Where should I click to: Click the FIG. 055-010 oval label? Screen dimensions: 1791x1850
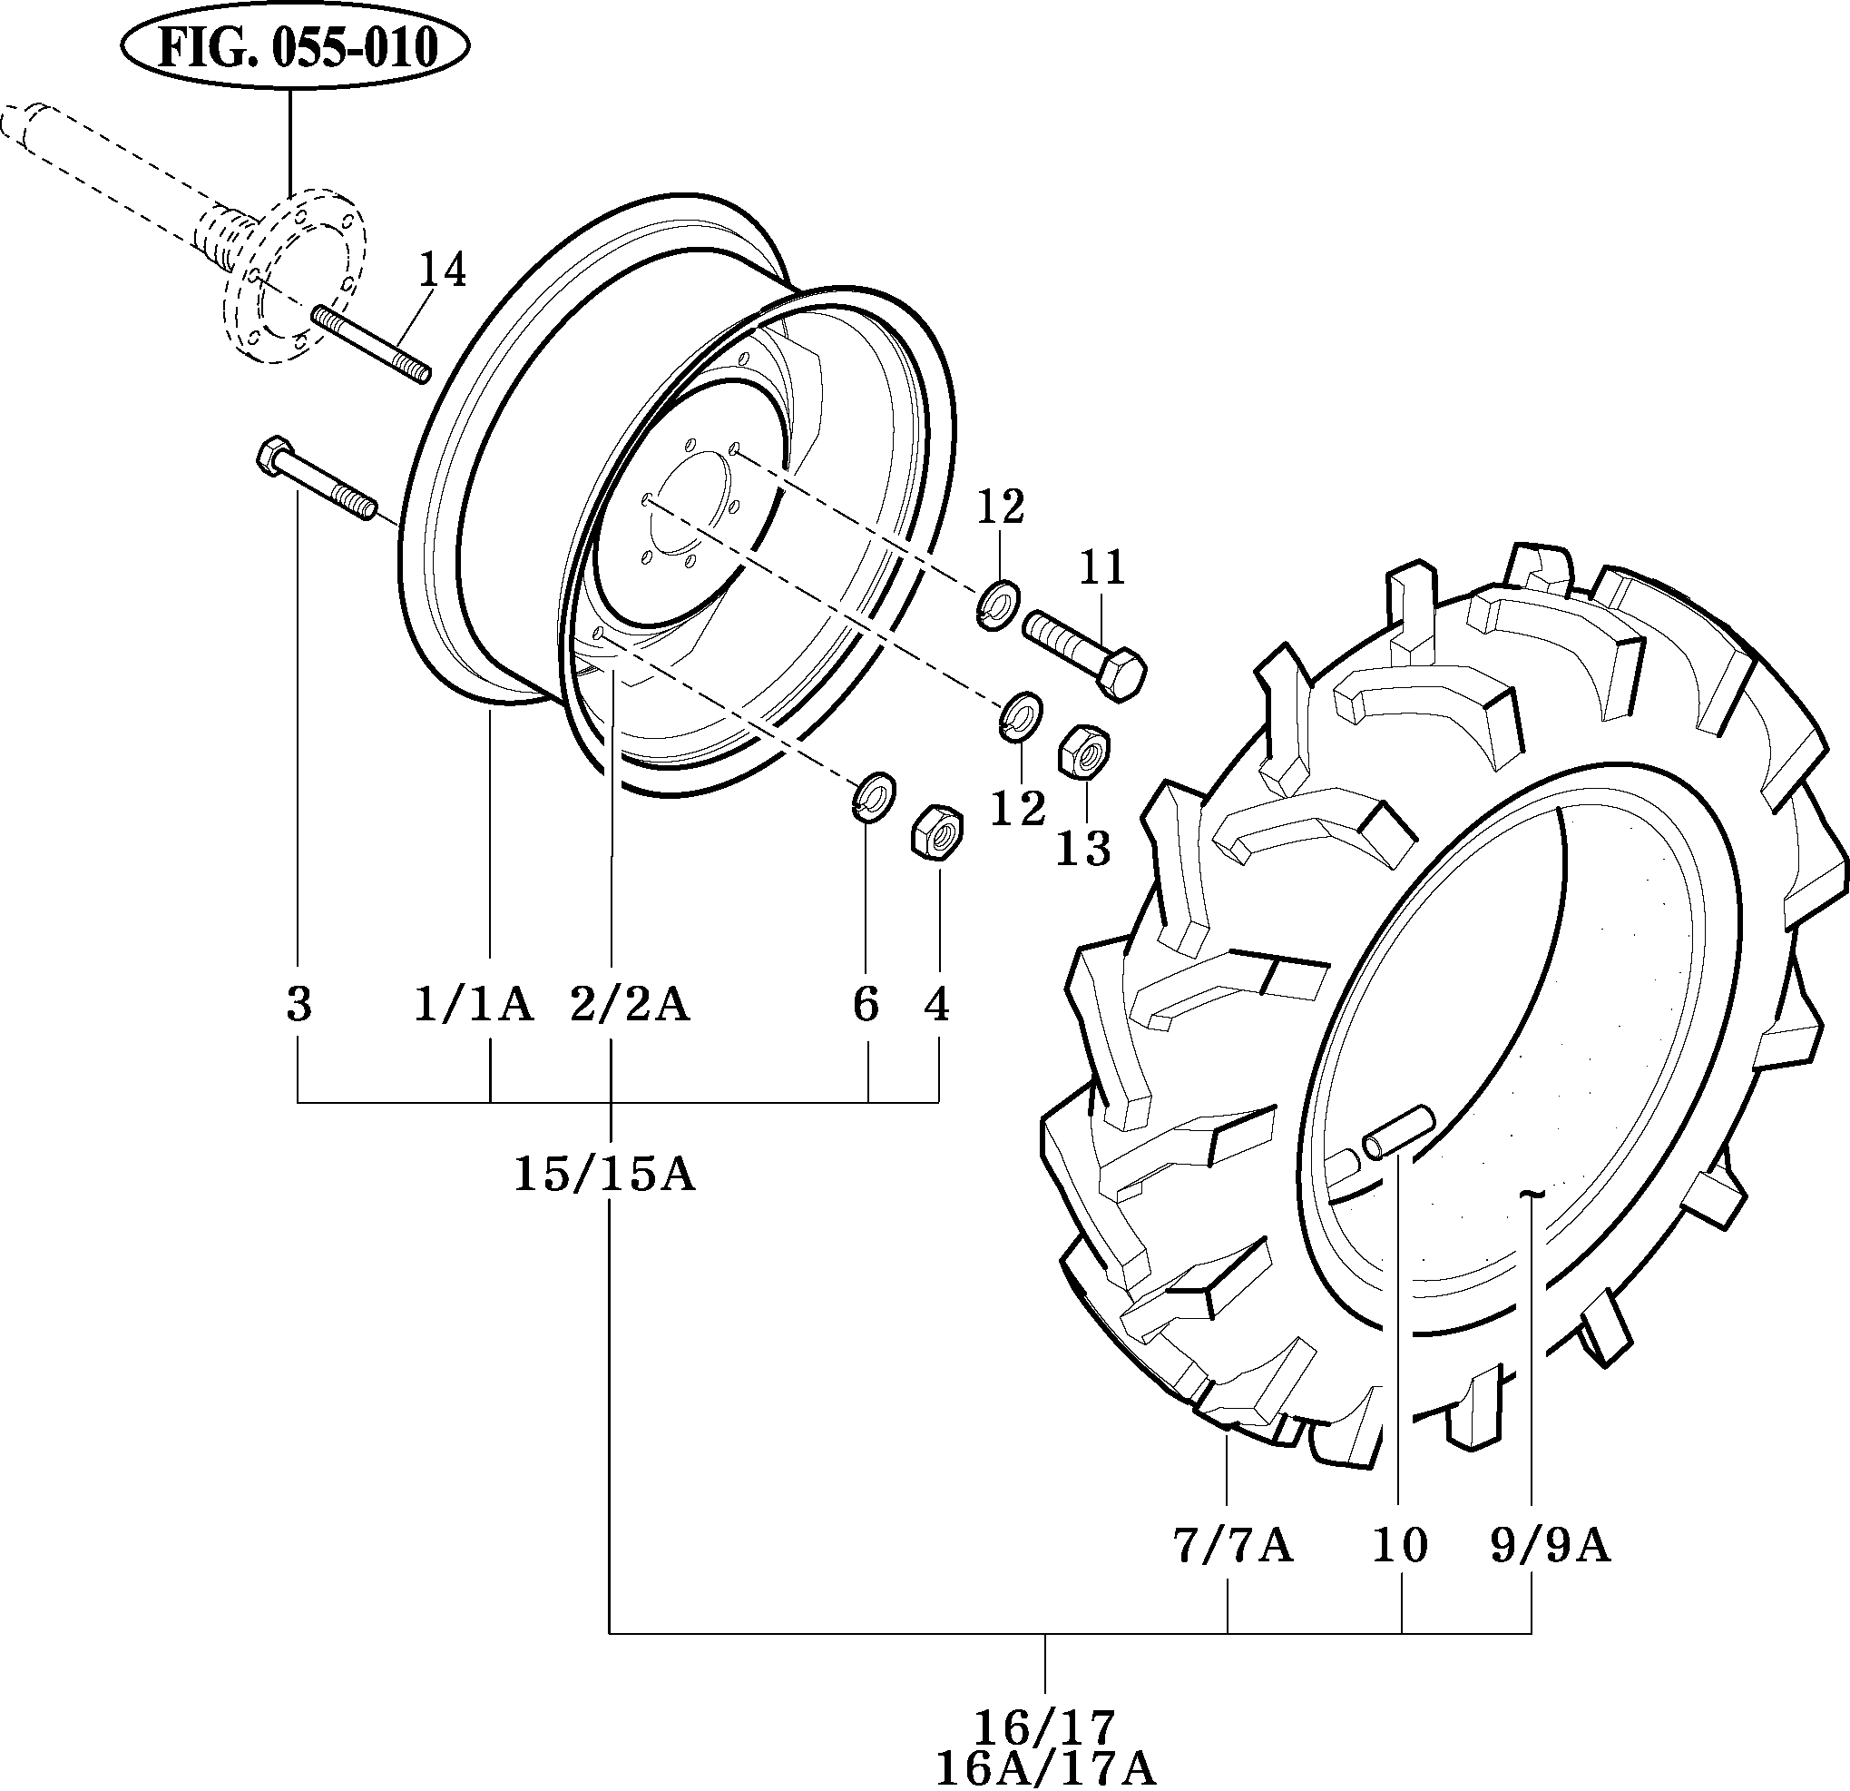296,47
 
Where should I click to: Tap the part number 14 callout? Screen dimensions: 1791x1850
442,270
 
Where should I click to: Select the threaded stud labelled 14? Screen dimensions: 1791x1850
370,343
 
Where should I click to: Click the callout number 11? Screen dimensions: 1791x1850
1102,567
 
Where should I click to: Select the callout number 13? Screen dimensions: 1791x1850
1082,848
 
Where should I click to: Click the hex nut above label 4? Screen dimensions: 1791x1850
936,832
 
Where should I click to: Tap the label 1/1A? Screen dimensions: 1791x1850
474,1005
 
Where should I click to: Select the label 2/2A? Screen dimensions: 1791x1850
630,1005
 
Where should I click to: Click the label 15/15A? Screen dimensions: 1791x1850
604,1175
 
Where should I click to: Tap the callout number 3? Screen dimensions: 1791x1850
299,1005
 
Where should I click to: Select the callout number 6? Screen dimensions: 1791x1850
866,1005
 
